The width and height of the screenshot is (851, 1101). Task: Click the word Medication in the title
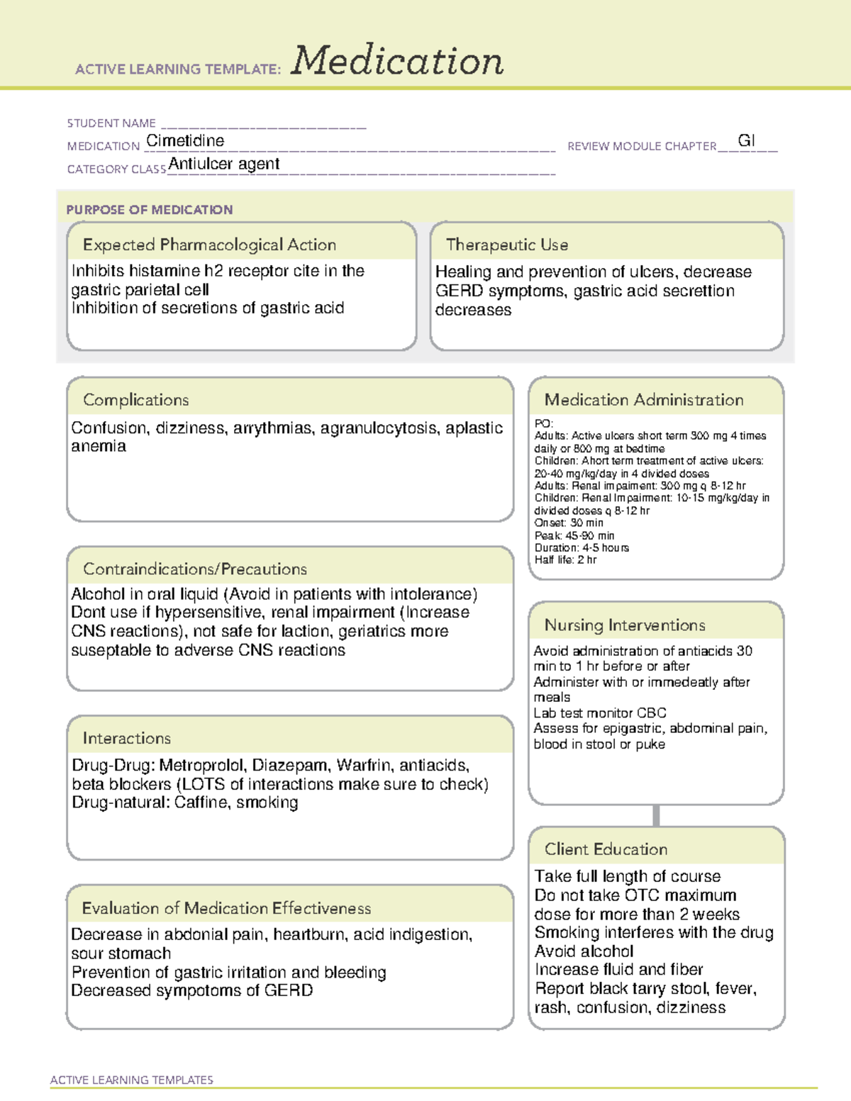click(x=397, y=61)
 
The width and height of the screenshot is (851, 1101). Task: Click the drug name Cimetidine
click(x=185, y=141)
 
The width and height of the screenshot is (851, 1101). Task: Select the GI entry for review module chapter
click(x=746, y=140)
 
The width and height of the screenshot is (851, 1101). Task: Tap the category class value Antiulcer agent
click(x=224, y=164)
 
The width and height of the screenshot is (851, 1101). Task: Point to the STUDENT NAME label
click(x=111, y=123)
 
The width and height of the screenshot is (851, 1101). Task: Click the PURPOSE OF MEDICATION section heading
click(x=150, y=210)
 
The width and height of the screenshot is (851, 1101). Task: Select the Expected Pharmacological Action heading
click(x=209, y=245)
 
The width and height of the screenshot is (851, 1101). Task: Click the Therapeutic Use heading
click(x=507, y=245)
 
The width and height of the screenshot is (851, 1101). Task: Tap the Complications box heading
click(x=136, y=400)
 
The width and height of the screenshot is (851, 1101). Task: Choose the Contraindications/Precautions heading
click(x=195, y=569)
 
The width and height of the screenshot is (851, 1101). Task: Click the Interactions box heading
click(x=127, y=739)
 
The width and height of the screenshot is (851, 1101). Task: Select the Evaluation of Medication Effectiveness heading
click(x=226, y=908)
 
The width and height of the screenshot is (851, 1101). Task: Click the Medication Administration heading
click(x=644, y=400)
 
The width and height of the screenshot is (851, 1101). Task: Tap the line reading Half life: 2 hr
click(x=565, y=560)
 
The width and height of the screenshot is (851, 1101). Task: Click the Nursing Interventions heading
click(x=625, y=625)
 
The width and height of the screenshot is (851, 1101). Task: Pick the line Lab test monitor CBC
click(x=600, y=713)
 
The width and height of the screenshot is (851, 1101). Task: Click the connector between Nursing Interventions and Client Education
click(x=656, y=815)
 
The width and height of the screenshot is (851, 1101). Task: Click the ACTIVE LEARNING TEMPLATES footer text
click(x=132, y=1080)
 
